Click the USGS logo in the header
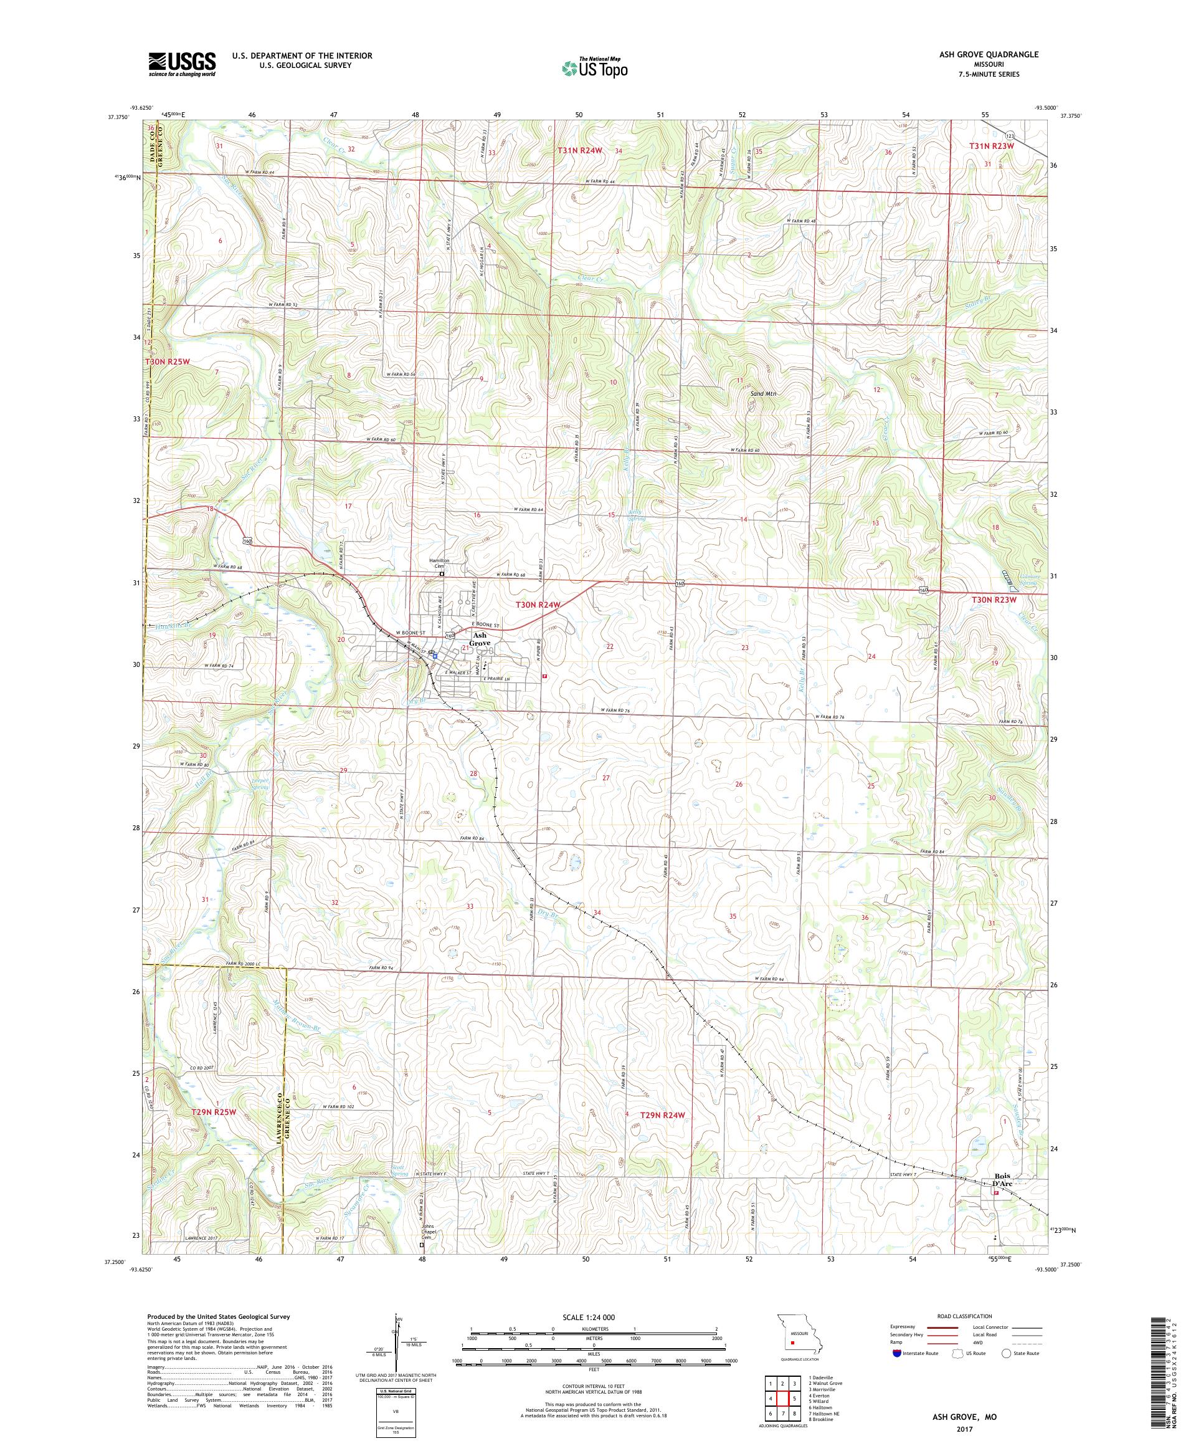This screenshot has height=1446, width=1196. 182,64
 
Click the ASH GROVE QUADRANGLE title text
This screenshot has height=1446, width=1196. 992,54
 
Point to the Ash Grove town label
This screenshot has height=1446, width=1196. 480,638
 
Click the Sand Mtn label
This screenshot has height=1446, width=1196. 765,386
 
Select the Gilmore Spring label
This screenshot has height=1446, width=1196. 1020,580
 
